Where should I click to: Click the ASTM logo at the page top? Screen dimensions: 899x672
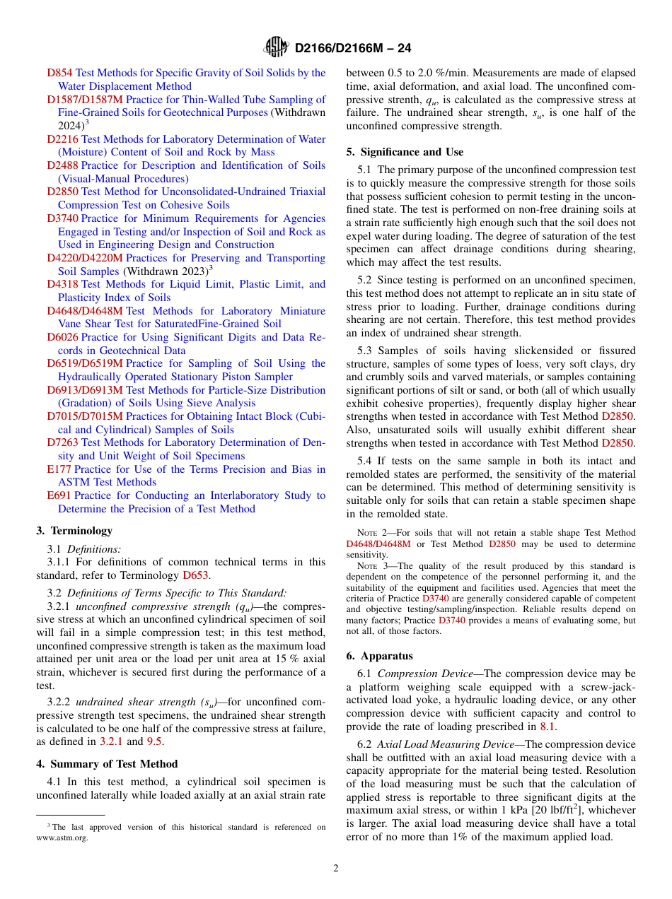276,48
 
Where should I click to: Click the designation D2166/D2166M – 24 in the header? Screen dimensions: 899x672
352,49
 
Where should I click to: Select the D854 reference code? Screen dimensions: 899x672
59,73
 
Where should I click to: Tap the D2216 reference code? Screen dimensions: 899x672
62,139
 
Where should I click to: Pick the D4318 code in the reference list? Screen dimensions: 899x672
62,284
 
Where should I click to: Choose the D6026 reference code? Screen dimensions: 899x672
62,337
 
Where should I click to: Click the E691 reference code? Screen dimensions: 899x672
59,495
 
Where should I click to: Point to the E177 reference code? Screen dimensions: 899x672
59,469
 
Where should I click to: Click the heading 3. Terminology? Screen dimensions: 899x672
74,531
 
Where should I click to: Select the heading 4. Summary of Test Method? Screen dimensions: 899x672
107,764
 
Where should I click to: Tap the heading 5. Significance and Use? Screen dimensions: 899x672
405,152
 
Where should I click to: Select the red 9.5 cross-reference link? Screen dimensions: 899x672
154,741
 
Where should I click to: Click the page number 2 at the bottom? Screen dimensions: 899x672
336,869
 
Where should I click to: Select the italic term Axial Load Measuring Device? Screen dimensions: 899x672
450,744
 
